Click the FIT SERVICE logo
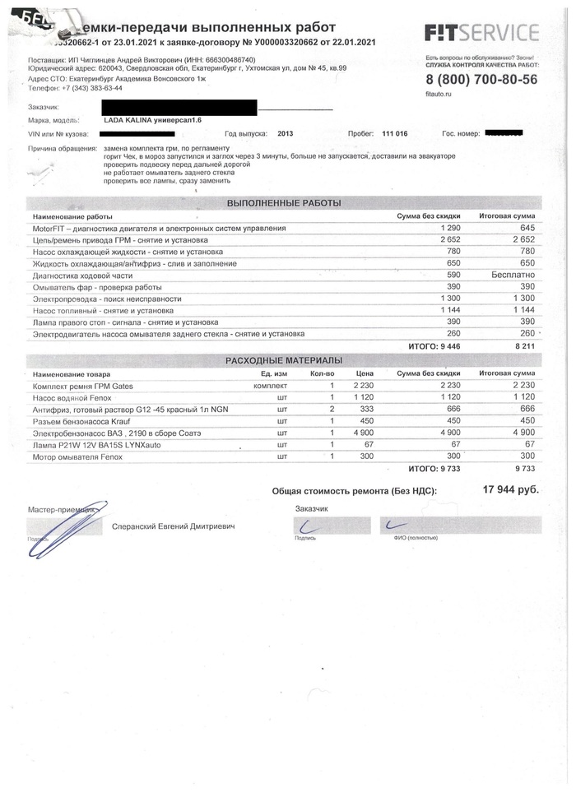(481, 33)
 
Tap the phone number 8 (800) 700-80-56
(481, 79)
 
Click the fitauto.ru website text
(439, 95)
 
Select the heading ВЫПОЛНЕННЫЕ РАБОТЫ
(284, 202)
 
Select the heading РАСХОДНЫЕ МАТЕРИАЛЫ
(284, 360)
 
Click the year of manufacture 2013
(285, 132)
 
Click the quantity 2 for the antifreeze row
(332, 409)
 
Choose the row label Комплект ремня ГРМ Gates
(77, 386)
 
